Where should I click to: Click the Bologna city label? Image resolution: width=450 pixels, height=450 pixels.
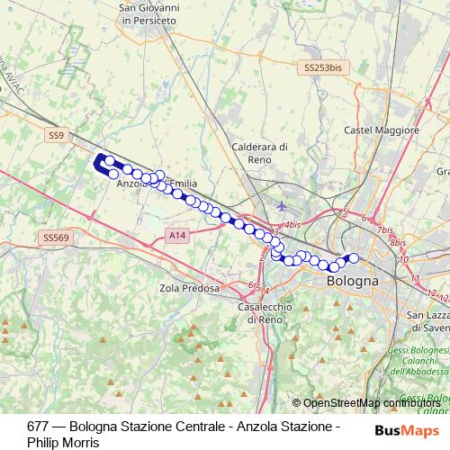(x=352, y=282)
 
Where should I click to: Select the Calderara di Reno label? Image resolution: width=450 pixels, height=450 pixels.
(x=259, y=152)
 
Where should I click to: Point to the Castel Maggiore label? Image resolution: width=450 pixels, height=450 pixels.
(x=382, y=130)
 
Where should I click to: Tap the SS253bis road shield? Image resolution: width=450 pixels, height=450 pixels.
(x=322, y=67)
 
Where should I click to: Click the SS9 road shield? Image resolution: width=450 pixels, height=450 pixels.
(x=57, y=135)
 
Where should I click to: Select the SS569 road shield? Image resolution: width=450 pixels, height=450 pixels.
(x=56, y=237)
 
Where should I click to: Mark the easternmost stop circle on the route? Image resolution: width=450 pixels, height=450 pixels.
(x=354, y=258)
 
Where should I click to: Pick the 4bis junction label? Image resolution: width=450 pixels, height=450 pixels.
(x=292, y=225)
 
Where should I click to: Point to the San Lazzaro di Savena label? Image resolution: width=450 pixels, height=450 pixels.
(x=428, y=321)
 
